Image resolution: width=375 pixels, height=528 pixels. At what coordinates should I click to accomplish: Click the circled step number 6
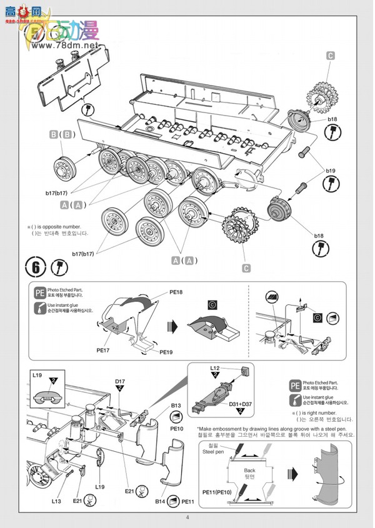[36, 267]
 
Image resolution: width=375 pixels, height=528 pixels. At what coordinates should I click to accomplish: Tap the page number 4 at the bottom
[187, 517]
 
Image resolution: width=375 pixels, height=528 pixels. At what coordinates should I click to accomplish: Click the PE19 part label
[166, 352]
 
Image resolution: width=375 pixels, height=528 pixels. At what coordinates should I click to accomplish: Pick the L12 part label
[214, 369]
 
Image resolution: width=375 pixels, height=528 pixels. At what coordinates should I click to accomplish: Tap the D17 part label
[120, 381]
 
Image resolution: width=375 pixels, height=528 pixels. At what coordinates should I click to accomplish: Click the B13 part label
[176, 405]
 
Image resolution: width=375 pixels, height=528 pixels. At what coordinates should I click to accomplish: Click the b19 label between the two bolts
[329, 169]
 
